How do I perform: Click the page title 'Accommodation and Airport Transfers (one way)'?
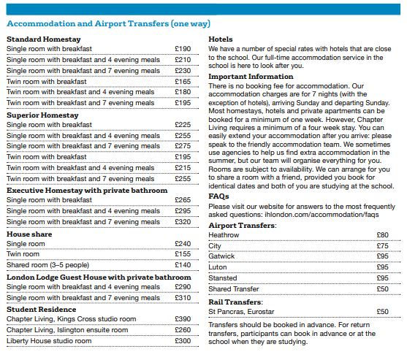point(108,23)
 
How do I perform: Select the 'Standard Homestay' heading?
point(44,39)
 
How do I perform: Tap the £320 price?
point(183,222)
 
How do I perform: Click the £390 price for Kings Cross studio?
point(183,319)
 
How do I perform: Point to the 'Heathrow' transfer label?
point(224,235)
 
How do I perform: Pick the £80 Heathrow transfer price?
point(383,235)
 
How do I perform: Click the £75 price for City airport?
point(383,246)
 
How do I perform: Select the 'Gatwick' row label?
point(221,256)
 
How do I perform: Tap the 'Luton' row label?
point(218,267)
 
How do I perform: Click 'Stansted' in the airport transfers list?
point(223,278)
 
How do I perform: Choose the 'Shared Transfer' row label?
point(234,289)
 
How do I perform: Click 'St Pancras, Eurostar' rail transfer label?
point(241,312)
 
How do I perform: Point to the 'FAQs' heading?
point(218,196)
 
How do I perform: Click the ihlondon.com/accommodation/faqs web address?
point(322,215)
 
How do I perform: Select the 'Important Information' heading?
point(251,77)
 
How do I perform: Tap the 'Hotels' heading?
point(221,39)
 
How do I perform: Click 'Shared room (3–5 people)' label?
point(47,265)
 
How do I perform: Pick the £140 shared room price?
point(183,265)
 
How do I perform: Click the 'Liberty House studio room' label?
point(49,341)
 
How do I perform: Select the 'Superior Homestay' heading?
point(42,115)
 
